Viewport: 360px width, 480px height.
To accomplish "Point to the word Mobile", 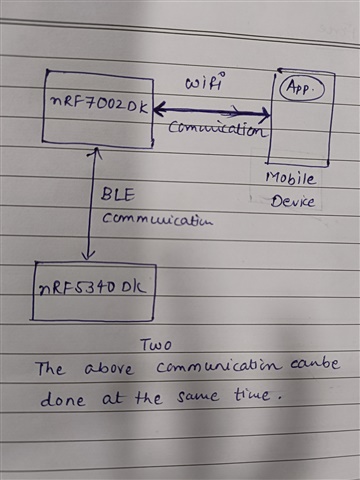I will click(x=290, y=178).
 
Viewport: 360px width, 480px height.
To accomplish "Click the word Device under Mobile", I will click(x=293, y=201).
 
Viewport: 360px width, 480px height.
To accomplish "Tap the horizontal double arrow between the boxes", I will click(x=211, y=113).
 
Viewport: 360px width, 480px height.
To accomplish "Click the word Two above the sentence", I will click(x=155, y=345).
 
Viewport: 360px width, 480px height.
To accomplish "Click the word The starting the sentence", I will click(x=50, y=369).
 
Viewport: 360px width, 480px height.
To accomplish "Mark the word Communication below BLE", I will click(x=157, y=220).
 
